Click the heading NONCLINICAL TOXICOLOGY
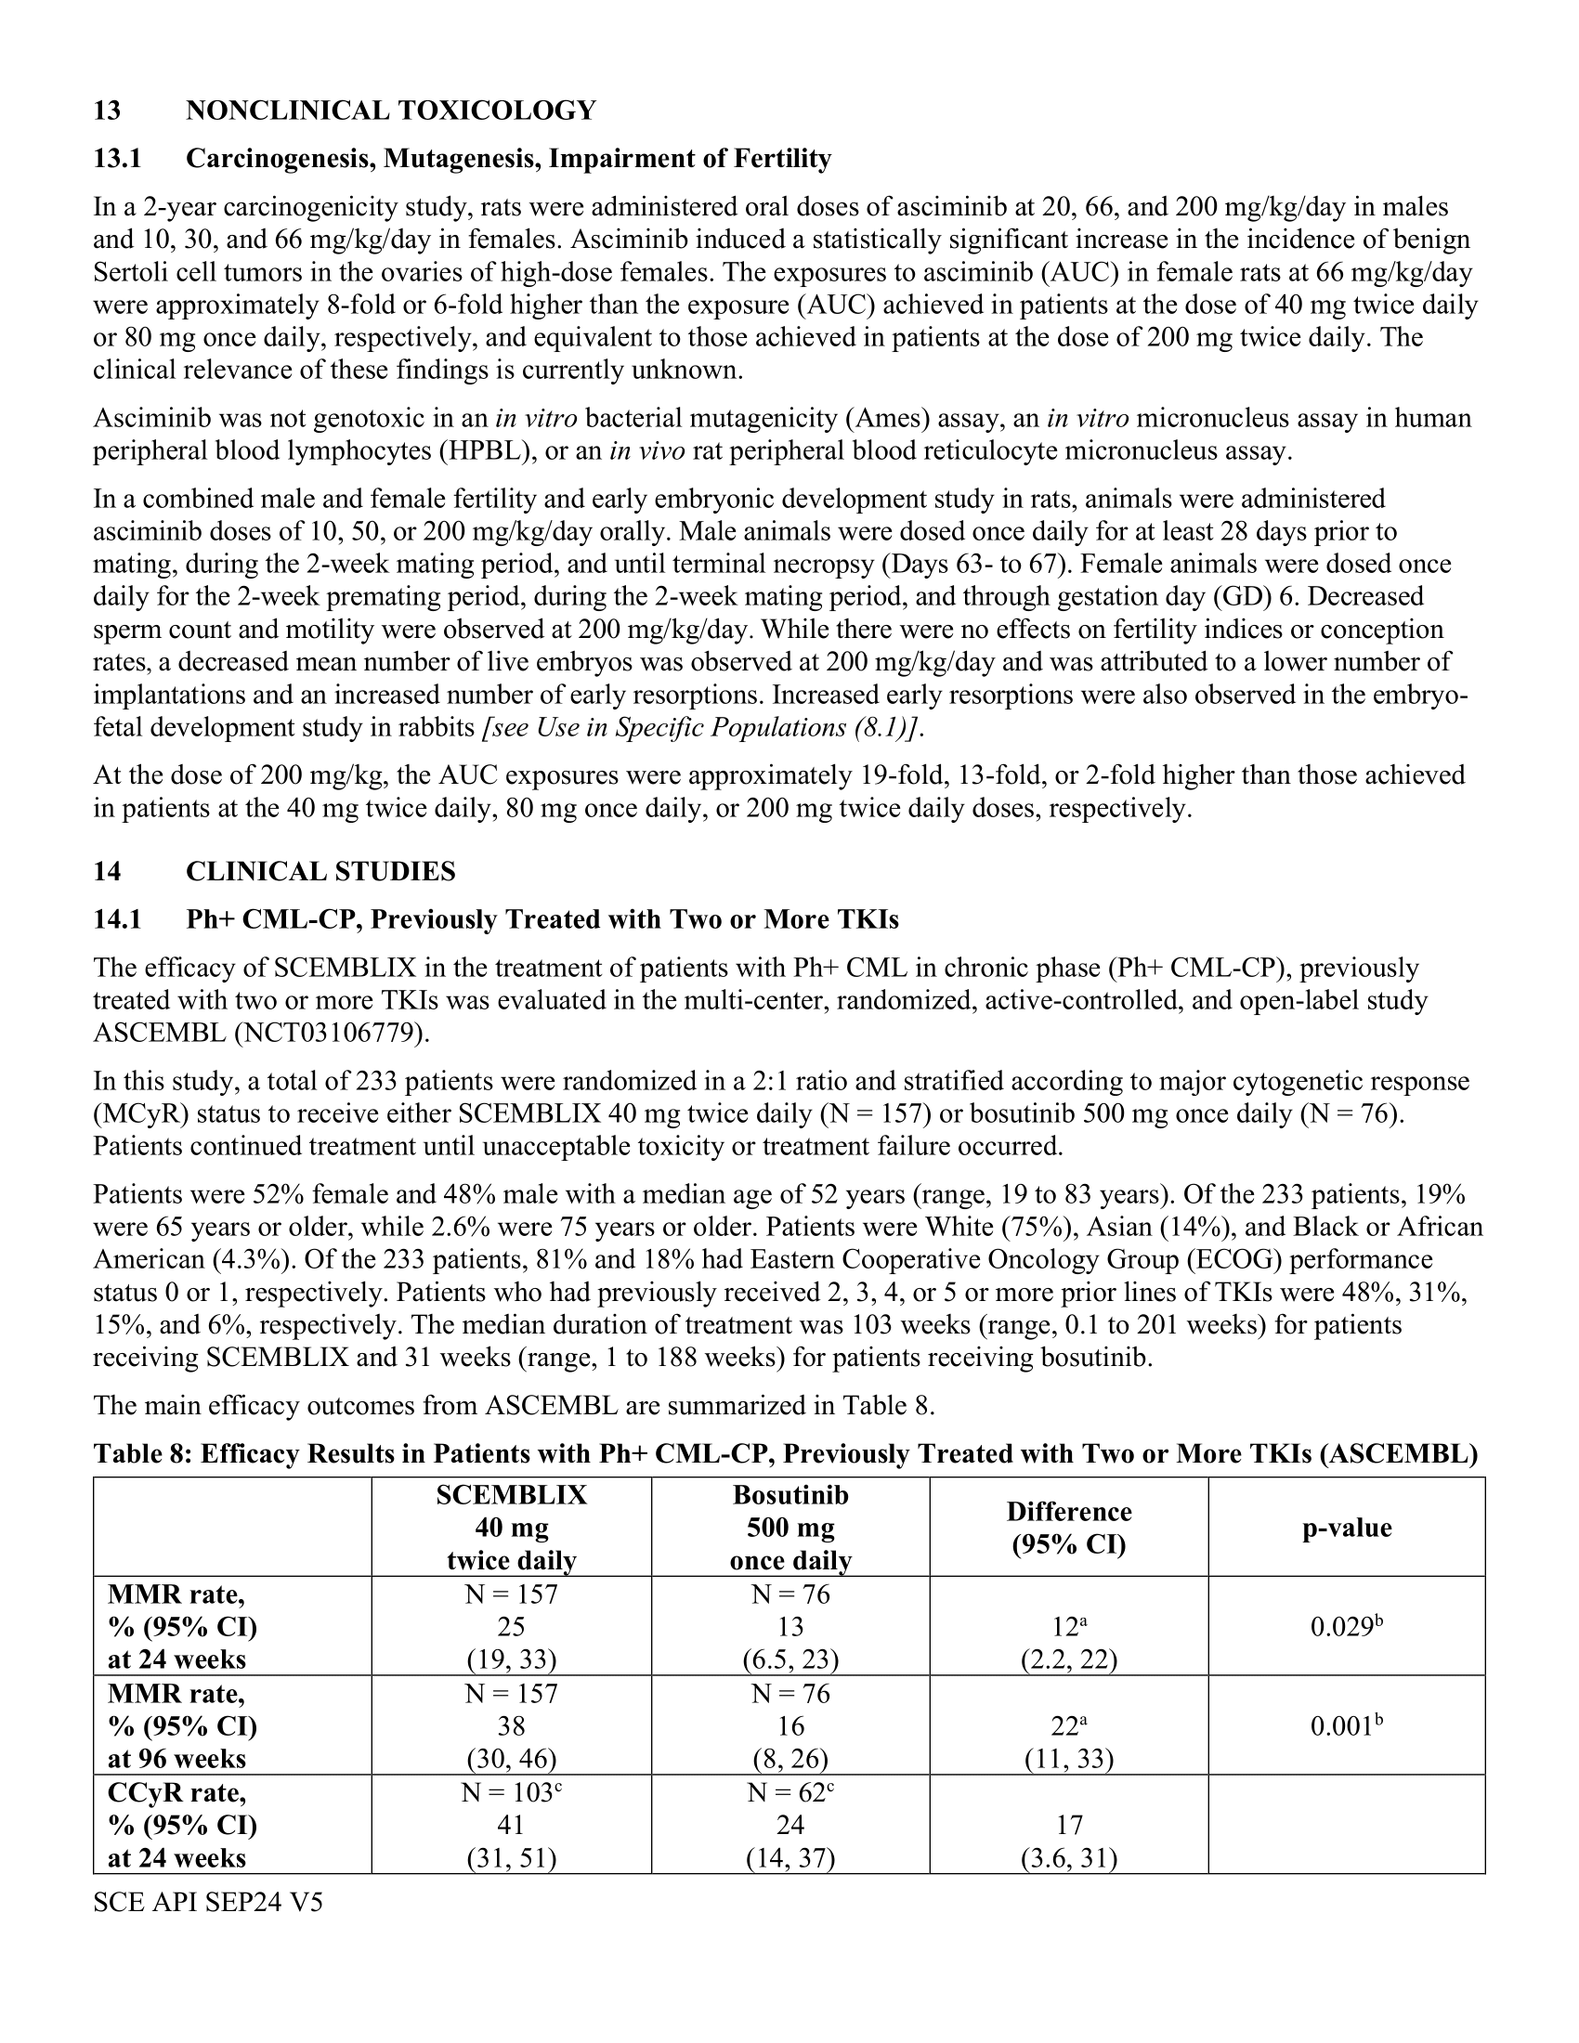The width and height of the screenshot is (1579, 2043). (390, 111)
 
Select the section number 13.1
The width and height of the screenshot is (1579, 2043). (117, 159)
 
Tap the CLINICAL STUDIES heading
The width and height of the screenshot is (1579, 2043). (320, 871)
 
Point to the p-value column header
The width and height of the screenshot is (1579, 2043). (1346, 1528)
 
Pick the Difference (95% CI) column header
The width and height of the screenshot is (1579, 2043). (1068, 1528)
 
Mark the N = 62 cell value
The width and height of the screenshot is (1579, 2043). (789, 1792)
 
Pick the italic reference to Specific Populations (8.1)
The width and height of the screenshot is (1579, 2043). (701, 728)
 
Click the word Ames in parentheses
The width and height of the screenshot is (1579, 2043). (907, 418)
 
